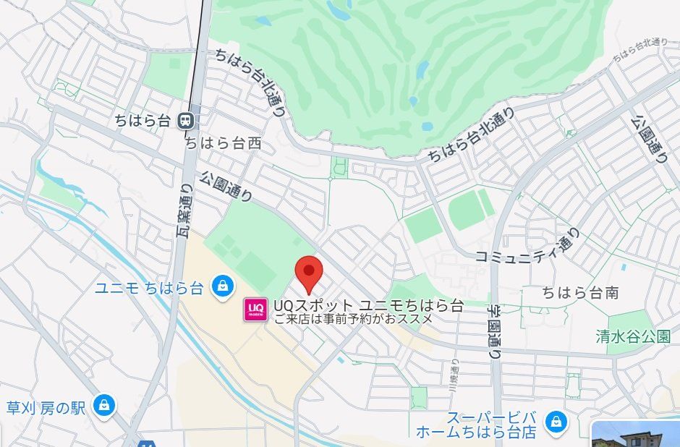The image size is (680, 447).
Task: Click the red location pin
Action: coord(310,273)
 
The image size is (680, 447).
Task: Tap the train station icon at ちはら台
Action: coord(187,120)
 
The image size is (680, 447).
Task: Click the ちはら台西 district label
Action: coord(223,143)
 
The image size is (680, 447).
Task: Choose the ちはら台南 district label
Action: coord(580,293)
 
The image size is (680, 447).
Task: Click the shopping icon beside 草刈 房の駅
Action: coord(104,405)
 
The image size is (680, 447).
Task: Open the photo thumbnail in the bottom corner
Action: coord(636,433)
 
